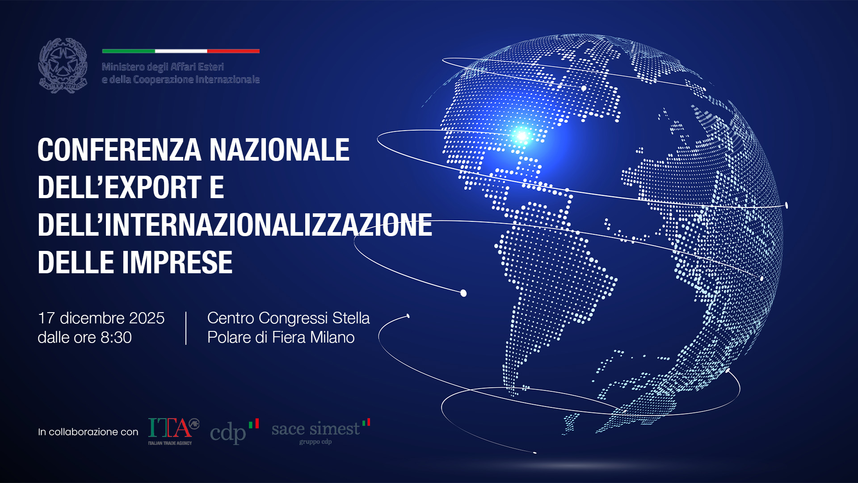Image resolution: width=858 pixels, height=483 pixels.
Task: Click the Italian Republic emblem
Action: [x=63, y=66]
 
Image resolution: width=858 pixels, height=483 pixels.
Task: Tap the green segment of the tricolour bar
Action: [x=128, y=51]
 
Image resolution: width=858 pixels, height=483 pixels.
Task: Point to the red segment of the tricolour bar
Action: [x=233, y=51]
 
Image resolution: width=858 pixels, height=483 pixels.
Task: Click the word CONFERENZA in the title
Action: [x=119, y=150]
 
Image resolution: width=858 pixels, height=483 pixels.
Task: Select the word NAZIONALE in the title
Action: [x=279, y=150]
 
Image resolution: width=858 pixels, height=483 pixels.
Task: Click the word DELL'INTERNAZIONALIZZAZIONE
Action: [x=235, y=225]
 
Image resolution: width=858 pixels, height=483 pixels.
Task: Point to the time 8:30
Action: [x=116, y=337]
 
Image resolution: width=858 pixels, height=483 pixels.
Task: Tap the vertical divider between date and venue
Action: [x=186, y=328]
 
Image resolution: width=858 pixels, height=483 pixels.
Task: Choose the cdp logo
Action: [x=234, y=431]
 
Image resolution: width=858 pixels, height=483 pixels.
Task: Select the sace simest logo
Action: [x=320, y=431]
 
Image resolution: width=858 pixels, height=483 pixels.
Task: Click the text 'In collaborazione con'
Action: [x=88, y=432]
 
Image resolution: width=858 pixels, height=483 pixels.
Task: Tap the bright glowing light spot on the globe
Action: [x=522, y=135]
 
